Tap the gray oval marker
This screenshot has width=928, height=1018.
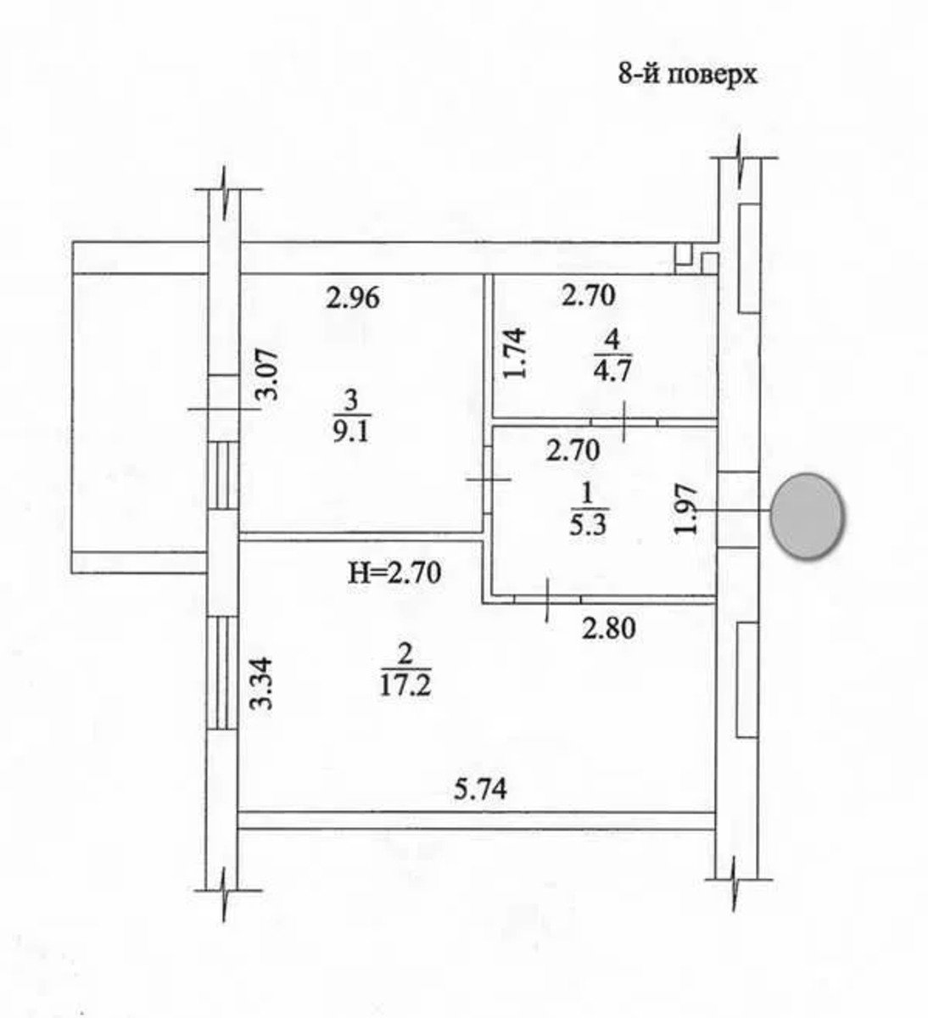click(x=808, y=517)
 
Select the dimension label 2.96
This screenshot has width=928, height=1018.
click(x=353, y=299)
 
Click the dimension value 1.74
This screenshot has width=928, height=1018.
click(x=515, y=354)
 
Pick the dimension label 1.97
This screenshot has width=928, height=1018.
click(x=684, y=509)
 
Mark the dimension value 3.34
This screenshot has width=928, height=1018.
click(x=262, y=684)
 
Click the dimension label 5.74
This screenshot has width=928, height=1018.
click(x=480, y=790)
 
